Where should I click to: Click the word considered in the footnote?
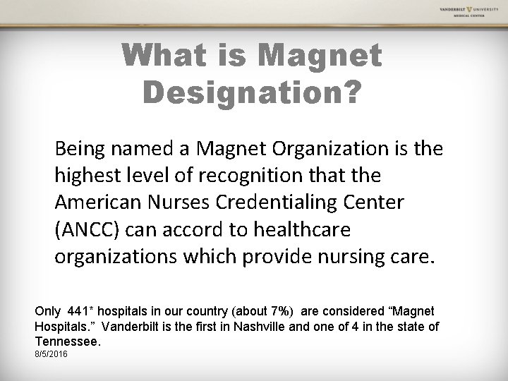tap(341, 311)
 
